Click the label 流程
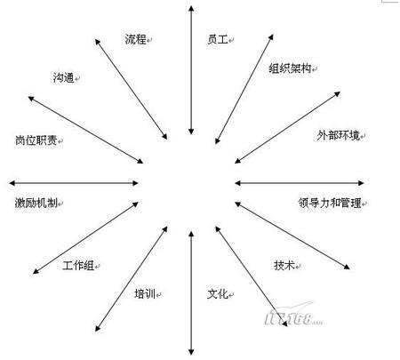[x=136, y=39]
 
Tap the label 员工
[x=218, y=39]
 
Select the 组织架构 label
[x=290, y=68]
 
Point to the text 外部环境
[x=339, y=135]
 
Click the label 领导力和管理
[x=330, y=203]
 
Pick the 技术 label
[x=284, y=265]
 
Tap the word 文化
[x=218, y=293]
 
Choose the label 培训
[x=145, y=293]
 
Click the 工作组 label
[x=78, y=265]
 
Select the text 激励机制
[x=36, y=203]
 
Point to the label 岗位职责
[x=36, y=140]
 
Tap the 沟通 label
[x=64, y=77]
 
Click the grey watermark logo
[x=293, y=316]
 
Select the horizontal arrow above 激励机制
[x=74, y=183]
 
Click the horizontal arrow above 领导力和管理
[x=300, y=183]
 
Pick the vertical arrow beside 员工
[x=191, y=70]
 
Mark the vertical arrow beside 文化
[x=191, y=292]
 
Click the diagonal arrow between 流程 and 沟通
[x=131, y=89]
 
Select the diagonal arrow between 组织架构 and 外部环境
[x=287, y=127]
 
